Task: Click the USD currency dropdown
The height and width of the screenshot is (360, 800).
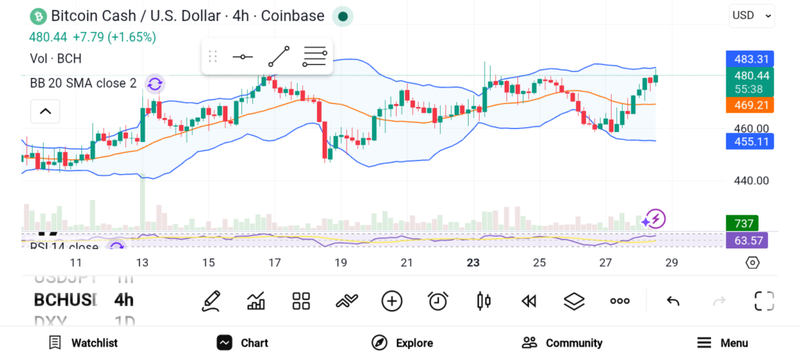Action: pos(752,15)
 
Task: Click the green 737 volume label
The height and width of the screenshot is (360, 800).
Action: pos(741,223)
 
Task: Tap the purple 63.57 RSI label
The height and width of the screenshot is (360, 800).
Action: pos(747,240)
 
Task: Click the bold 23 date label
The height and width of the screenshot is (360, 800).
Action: pos(473,263)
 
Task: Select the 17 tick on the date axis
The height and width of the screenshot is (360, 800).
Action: pos(274,263)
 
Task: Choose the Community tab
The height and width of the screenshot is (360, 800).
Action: pos(562,343)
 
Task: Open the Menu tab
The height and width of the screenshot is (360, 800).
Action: pos(722,343)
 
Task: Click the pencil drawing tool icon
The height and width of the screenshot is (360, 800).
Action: pos(210,301)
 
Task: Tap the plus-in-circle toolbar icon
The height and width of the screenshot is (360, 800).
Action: pos(391,301)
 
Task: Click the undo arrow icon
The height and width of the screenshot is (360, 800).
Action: pos(673,301)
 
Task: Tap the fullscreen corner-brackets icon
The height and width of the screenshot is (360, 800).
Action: pos(763,301)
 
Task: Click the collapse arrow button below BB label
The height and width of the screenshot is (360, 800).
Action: pos(45,112)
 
